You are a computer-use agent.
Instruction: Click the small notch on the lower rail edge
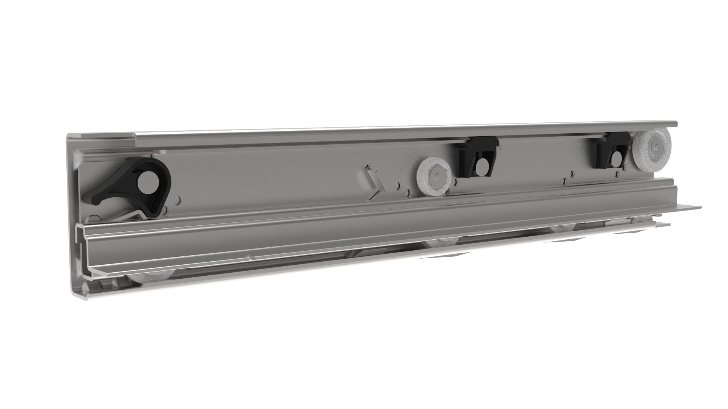pyautogui.click(x=249, y=258)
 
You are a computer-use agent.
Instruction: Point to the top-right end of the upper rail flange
pyautogui.click(x=676, y=123)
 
